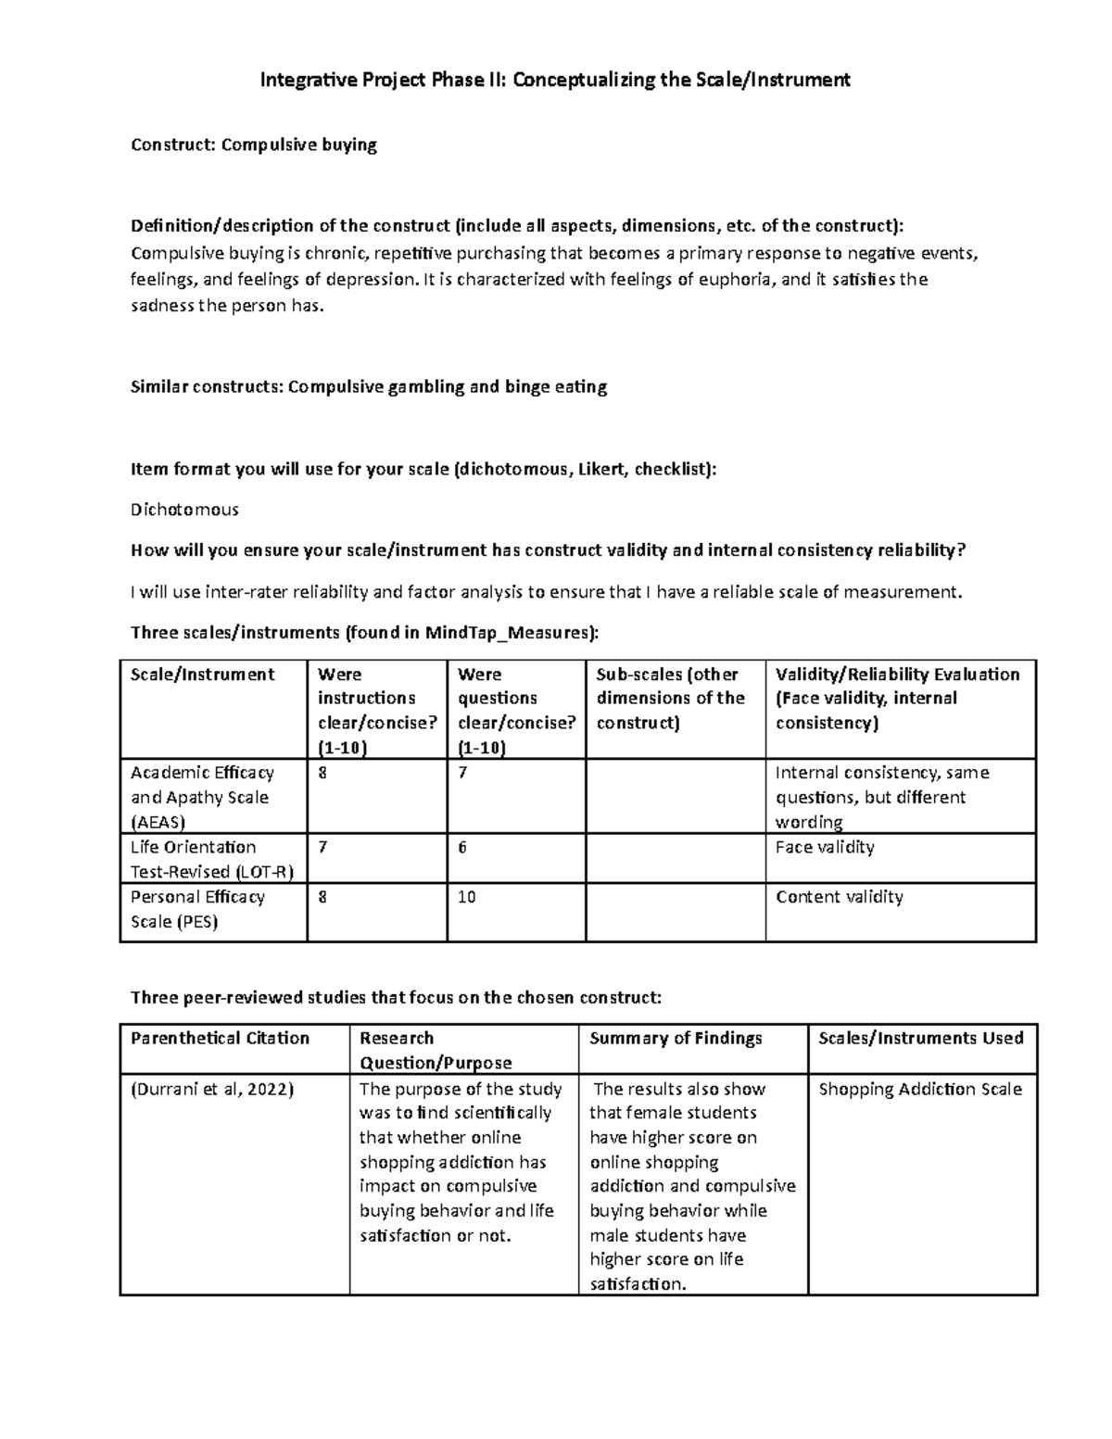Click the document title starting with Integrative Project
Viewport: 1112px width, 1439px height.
pos(555,80)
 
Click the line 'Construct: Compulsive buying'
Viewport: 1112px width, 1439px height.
pos(254,145)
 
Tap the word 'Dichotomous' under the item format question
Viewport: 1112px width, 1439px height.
pos(184,510)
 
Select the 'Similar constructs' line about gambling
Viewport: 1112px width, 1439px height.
pos(369,387)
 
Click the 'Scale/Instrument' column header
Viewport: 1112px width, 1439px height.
pos(202,675)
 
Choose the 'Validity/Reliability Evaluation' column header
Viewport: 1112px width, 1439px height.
pos(897,699)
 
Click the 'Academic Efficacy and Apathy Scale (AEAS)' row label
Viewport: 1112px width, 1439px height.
pos(202,797)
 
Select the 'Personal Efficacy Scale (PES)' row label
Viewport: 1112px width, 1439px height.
pos(197,909)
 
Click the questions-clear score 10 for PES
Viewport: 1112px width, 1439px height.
pos(466,897)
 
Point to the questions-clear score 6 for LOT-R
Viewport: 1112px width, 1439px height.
pos(462,847)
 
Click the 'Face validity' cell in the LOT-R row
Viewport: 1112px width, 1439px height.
pos(825,847)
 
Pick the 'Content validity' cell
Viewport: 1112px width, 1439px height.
pos(839,897)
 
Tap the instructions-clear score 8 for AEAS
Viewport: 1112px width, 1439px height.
pos(322,773)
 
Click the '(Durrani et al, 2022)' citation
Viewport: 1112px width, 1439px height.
pos(212,1089)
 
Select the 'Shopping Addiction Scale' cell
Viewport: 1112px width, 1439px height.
pos(920,1089)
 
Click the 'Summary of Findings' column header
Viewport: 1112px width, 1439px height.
pos(676,1038)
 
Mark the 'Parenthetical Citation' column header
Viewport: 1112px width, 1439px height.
pos(220,1038)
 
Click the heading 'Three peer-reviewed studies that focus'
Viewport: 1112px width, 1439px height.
pos(397,997)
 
